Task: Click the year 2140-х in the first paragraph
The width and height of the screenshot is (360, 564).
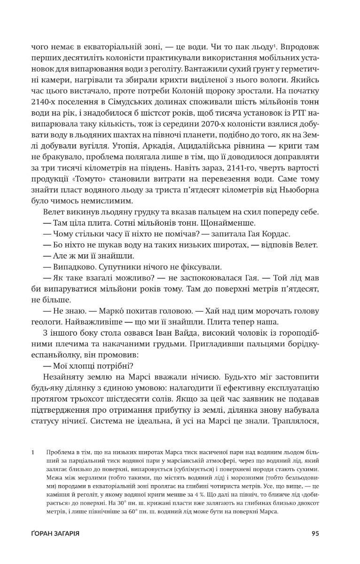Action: [44, 103]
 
